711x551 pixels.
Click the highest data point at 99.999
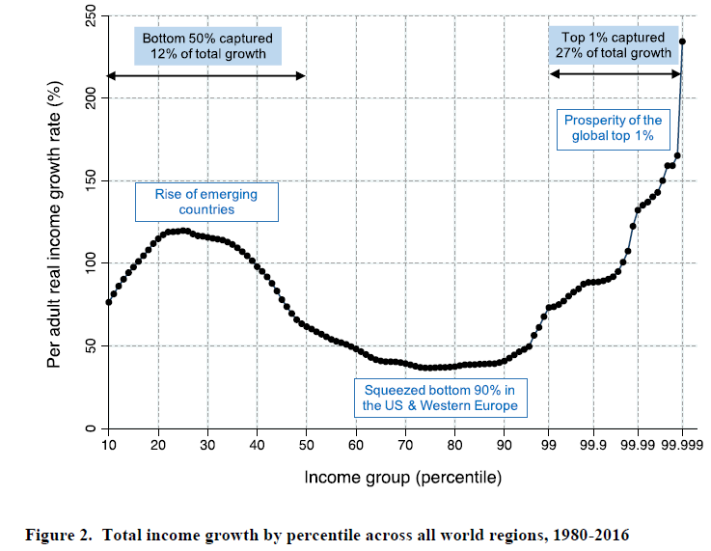682,41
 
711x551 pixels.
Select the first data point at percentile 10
108,302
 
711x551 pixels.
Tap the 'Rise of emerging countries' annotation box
207,201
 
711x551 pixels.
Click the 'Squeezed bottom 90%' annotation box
440,398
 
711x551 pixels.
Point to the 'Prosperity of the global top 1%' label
614,128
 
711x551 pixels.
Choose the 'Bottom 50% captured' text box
207,45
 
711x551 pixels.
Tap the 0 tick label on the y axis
91,428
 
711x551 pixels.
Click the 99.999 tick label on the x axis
682,445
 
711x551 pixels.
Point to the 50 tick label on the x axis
307,445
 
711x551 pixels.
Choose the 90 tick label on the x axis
505,445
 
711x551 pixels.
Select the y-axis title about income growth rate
56,225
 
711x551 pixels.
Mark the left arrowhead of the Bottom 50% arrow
111,75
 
